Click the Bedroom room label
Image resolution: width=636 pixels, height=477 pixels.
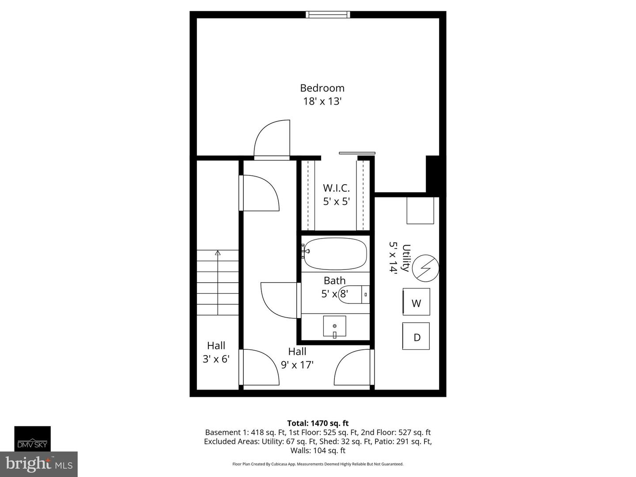pyautogui.click(x=322, y=88)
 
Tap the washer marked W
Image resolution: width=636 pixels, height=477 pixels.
pyautogui.click(x=416, y=303)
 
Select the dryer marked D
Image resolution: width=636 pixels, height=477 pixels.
pyautogui.click(x=416, y=337)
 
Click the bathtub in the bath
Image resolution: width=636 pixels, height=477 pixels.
pyautogui.click(x=336, y=254)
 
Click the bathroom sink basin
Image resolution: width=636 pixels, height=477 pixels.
pyautogui.click(x=334, y=326)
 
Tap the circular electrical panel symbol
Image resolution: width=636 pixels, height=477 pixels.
pyautogui.click(x=425, y=267)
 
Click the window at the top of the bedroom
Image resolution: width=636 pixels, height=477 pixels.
pyautogui.click(x=328, y=15)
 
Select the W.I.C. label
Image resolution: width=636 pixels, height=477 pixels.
pyautogui.click(x=336, y=188)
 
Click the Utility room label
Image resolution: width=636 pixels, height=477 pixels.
pyautogui.click(x=406, y=258)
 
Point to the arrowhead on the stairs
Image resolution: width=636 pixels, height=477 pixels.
pyautogui.click(x=217, y=253)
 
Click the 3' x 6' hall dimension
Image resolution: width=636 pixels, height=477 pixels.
pyautogui.click(x=216, y=359)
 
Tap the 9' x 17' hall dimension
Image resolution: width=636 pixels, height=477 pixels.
pyautogui.click(x=297, y=365)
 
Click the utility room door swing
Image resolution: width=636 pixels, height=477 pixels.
pyautogui.click(x=353, y=367)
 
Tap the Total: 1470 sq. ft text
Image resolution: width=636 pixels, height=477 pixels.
pyautogui.click(x=318, y=423)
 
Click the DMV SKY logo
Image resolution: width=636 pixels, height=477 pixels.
pyautogui.click(x=32, y=439)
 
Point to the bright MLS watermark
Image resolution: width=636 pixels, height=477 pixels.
pyautogui.click(x=39, y=464)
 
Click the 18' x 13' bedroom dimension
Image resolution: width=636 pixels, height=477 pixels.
pyautogui.click(x=322, y=101)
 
